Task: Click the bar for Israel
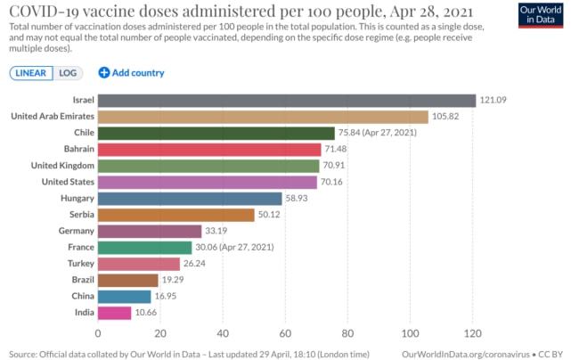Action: pyautogui.click(x=286, y=101)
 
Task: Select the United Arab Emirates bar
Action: pyautogui.click(x=263, y=117)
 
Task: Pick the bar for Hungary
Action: pyautogui.click(x=189, y=198)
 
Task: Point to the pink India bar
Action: pyautogui.click(x=114, y=313)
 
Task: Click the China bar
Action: pyautogui.click(x=124, y=297)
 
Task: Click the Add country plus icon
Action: pyautogui.click(x=103, y=73)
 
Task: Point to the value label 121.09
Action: pyautogui.click(x=494, y=101)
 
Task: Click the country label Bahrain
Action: pyautogui.click(x=73, y=149)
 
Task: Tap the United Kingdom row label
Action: pyautogui.click(x=57, y=166)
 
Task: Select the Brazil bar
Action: pyautogui.click(x=127, y=280)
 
